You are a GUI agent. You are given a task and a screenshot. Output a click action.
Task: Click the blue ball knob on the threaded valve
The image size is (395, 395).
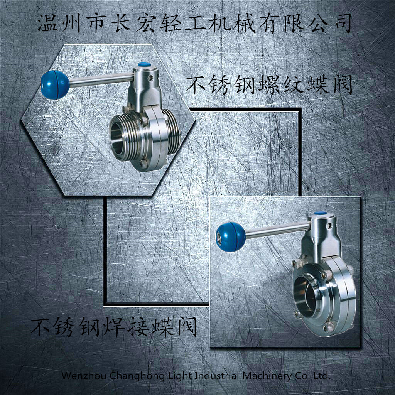(x=54, y=84)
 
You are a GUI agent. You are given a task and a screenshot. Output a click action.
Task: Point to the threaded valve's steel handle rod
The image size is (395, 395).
(x=101, y=79)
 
